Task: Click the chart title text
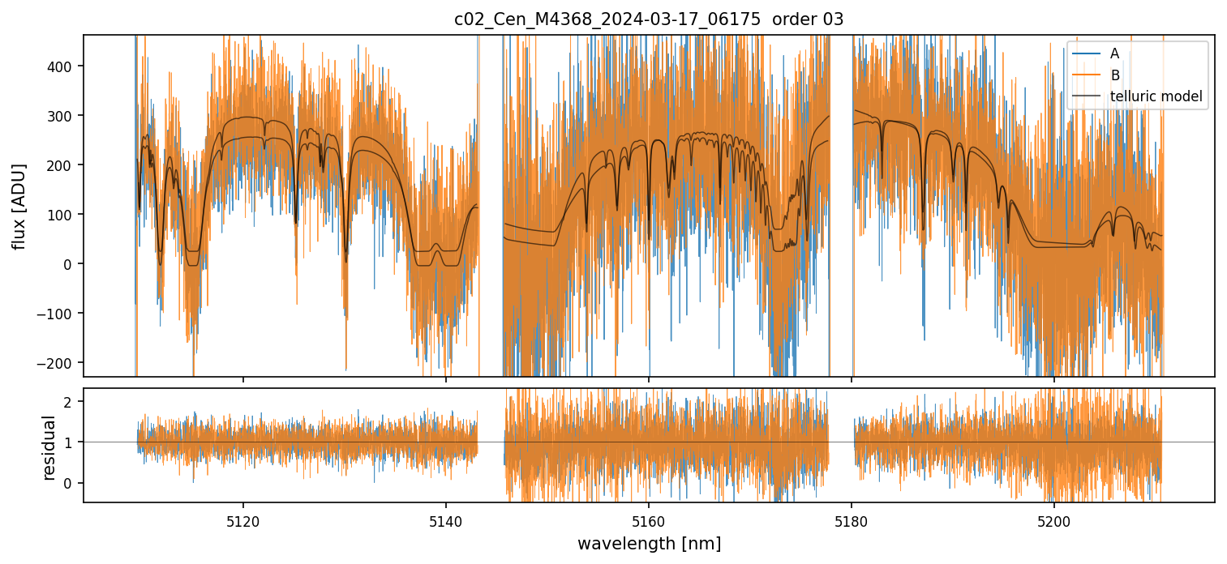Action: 649,19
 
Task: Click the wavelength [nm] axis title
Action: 649,543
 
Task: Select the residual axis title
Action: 49,447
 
